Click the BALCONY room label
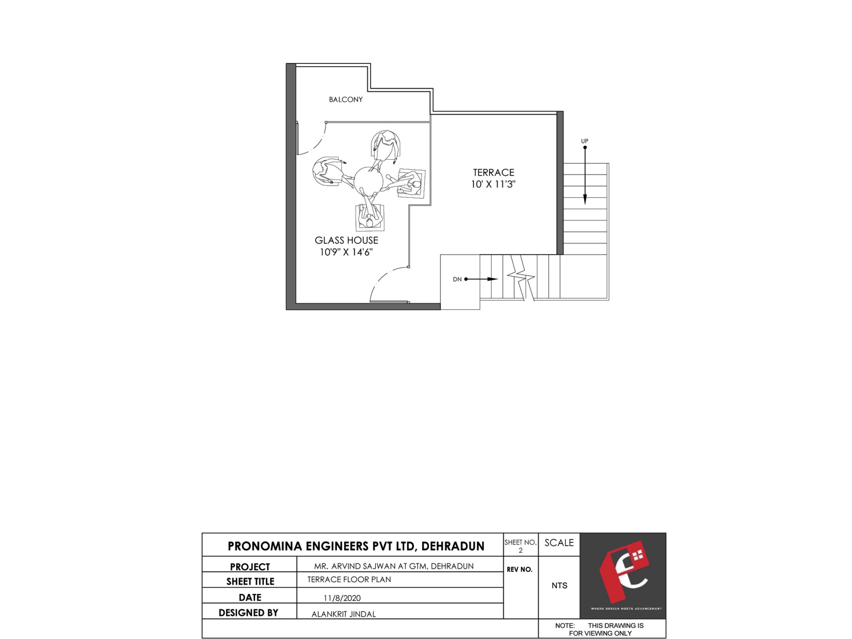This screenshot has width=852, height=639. (345, 100)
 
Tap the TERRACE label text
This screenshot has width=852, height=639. (494, 172)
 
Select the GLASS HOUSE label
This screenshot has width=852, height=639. (346, 240)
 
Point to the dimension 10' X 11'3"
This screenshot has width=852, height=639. (493, 184)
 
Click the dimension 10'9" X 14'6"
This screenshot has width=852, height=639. (346, 252)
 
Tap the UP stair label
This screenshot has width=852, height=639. (584, 141)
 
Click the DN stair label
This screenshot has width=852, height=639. (457, 279)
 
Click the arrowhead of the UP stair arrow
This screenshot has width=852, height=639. (585, 199)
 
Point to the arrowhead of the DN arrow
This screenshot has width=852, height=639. (493, 279)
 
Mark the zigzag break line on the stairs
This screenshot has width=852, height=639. (521, 277)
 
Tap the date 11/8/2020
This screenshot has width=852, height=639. (342, 598)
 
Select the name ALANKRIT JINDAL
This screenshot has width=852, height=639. (343, 614)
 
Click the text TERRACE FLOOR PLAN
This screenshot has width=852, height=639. (349, 579)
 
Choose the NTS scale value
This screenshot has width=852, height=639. (559, 585)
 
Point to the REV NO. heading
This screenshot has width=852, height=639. (520, 569)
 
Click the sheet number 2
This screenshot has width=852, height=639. (521, 550)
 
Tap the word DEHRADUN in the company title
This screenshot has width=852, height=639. (453, 546)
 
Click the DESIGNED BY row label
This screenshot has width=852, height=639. (248, 613)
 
